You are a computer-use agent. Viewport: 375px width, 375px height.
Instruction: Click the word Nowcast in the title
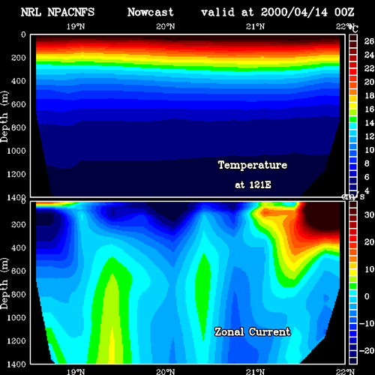[x=151, y=12]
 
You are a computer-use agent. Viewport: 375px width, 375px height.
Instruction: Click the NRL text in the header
[x=31, y=12]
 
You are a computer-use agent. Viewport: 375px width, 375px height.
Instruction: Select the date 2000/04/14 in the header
[x=294, y=12]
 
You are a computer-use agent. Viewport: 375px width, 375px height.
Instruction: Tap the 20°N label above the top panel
[x=166, y=26]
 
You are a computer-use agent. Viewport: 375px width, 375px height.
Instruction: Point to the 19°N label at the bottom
[x=76, y=372]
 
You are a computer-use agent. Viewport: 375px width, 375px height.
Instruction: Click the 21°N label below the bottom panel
[x=255, y=372]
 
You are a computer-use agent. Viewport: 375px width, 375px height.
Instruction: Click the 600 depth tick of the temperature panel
[x=19, y=104]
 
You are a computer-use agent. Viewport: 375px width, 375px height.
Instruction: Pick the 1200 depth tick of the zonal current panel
[x=16, y=341]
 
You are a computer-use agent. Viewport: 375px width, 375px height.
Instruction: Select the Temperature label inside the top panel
[x=253, y=165]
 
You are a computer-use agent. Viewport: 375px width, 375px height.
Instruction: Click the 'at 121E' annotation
[x=253, y=184]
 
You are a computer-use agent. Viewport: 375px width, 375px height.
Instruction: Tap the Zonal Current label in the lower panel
[x=253, y=331]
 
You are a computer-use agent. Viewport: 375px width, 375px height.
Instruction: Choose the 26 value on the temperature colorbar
[x=369, y=41]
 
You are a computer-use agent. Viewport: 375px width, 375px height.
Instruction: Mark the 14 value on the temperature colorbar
[x=369, y=123]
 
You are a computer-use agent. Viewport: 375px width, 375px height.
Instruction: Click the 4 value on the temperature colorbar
[x=367, y=190]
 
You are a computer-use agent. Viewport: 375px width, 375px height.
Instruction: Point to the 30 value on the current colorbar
[x=369, y=214]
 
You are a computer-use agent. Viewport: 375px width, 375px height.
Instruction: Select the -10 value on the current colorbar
[x=367, y=323]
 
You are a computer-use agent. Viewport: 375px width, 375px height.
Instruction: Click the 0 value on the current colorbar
[x=367, y=296]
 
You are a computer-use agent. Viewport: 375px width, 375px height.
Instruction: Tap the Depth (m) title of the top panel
[x=4, y=117]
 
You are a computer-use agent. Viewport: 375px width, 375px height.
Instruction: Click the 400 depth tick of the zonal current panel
[x=19, y=247]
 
